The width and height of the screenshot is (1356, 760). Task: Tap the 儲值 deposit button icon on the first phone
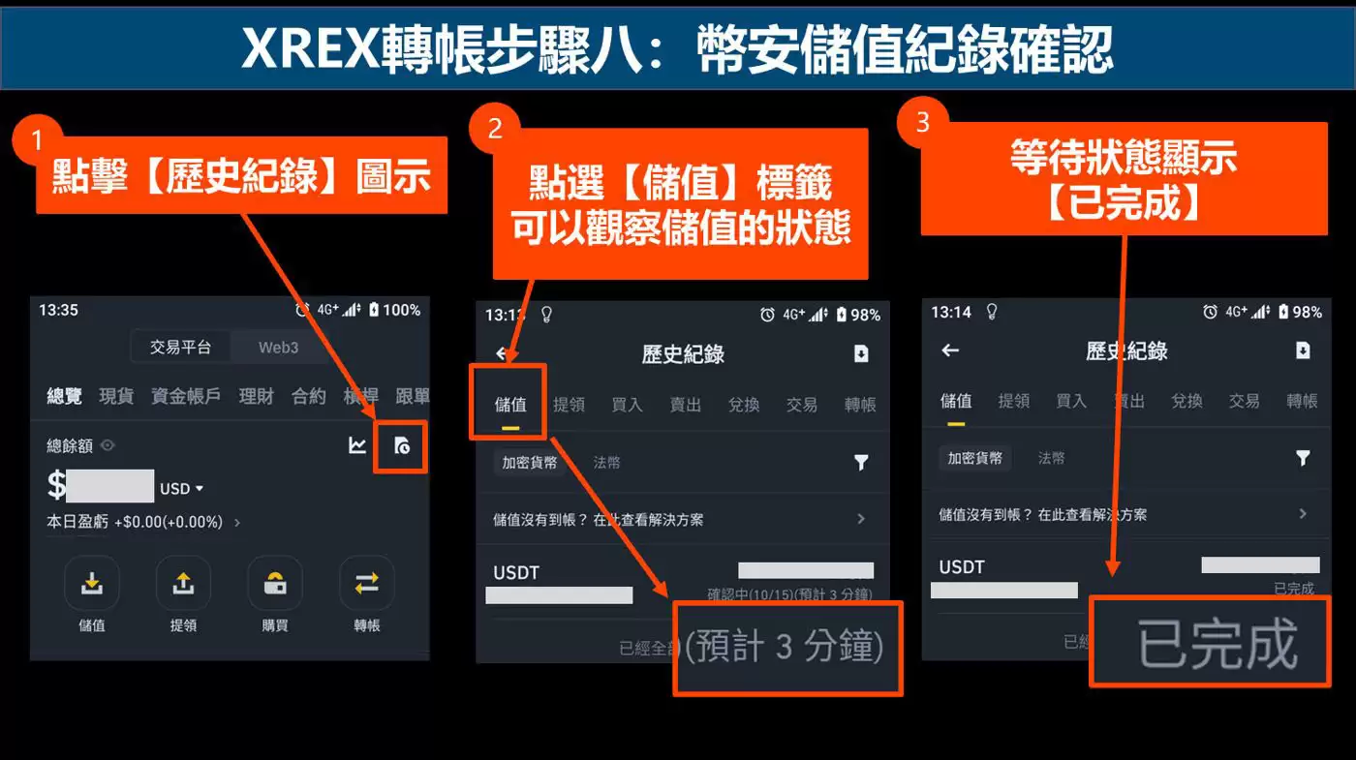pos(91,583)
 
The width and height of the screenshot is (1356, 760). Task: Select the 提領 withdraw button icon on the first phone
pos(183,583)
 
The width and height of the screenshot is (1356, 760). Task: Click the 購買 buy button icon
pos(275,583)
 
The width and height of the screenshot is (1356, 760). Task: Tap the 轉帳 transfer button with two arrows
pos(366,583)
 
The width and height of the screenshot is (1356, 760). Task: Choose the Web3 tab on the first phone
pos(278,348)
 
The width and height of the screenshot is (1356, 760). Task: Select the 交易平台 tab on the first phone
pos(179,348)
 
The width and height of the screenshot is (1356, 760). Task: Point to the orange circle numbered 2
pos(494,129)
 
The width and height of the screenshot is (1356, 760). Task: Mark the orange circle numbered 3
pos(922,121)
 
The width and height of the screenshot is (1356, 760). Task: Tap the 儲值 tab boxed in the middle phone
pos(510,404)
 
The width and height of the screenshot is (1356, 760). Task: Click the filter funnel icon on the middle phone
pos(861,463)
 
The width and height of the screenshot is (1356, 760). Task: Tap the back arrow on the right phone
pos(950,350)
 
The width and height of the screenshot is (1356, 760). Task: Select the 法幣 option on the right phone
pos(1052,458)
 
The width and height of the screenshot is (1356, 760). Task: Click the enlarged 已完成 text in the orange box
pos(1217,643)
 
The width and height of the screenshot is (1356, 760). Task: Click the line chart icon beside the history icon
pos(357,445)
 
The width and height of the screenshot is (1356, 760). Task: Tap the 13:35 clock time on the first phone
pos(58,310)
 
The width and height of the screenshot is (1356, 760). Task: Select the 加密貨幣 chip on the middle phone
pos(529,463)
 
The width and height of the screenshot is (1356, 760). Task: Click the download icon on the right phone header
pos(1303,350)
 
